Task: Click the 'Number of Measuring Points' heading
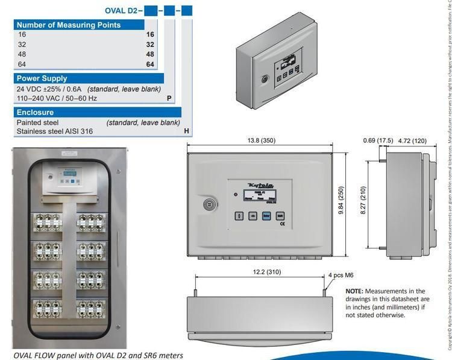[x=68, y=25]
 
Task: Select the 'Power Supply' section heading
[x=42, y=78]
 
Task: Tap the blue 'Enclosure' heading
[x=35, y=112]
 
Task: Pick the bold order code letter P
[x=169, y=98]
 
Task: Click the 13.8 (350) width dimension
[x=260, y=141]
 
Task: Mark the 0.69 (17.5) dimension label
[x=378, y=141]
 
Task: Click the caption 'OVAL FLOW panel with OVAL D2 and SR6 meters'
[x=98, y=355]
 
